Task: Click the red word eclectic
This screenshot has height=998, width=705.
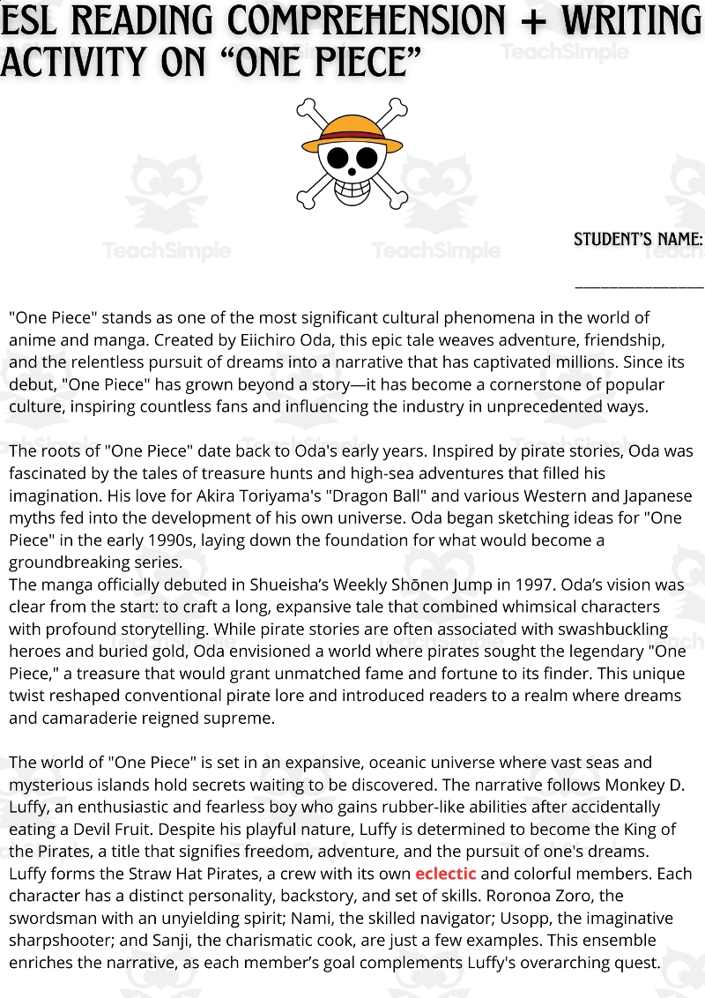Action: (x=445, y=874)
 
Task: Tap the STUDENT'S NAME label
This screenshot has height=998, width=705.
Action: (x=638, y=240)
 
